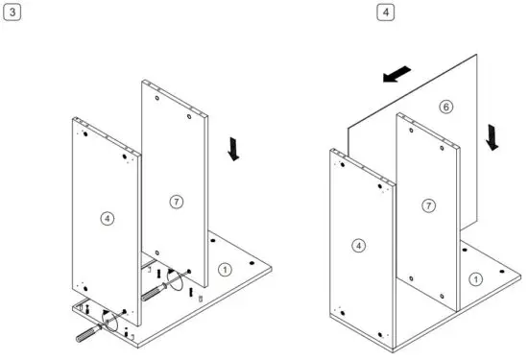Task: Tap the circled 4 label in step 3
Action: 107,218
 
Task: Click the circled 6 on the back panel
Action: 444,107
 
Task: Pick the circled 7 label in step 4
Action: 429,205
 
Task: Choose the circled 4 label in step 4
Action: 359,247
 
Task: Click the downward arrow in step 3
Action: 231,150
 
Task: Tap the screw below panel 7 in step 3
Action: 155,293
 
